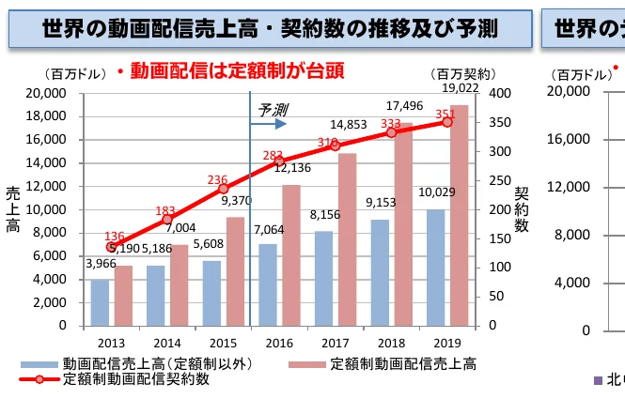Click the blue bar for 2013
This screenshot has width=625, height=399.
point(99,302)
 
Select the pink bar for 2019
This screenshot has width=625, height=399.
point(460,215)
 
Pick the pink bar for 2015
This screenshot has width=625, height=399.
point(235,271)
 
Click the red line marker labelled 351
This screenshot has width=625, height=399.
point(446,122)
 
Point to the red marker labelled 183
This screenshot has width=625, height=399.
point(167,220)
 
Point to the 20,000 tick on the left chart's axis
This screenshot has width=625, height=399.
point(46,93)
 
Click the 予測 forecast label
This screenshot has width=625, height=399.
point(273,110)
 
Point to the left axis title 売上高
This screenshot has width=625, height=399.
point(13,208)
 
